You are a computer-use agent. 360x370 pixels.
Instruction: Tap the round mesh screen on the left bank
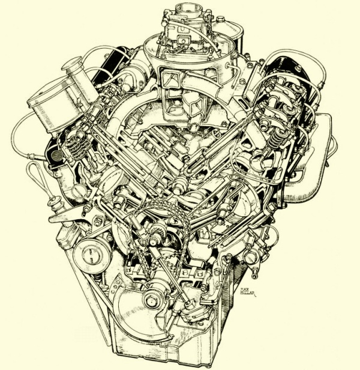tap(56, 155)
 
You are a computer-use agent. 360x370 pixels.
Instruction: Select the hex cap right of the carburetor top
tap(220, 20)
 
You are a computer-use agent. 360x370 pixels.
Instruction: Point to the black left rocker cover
tap(117, 60)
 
